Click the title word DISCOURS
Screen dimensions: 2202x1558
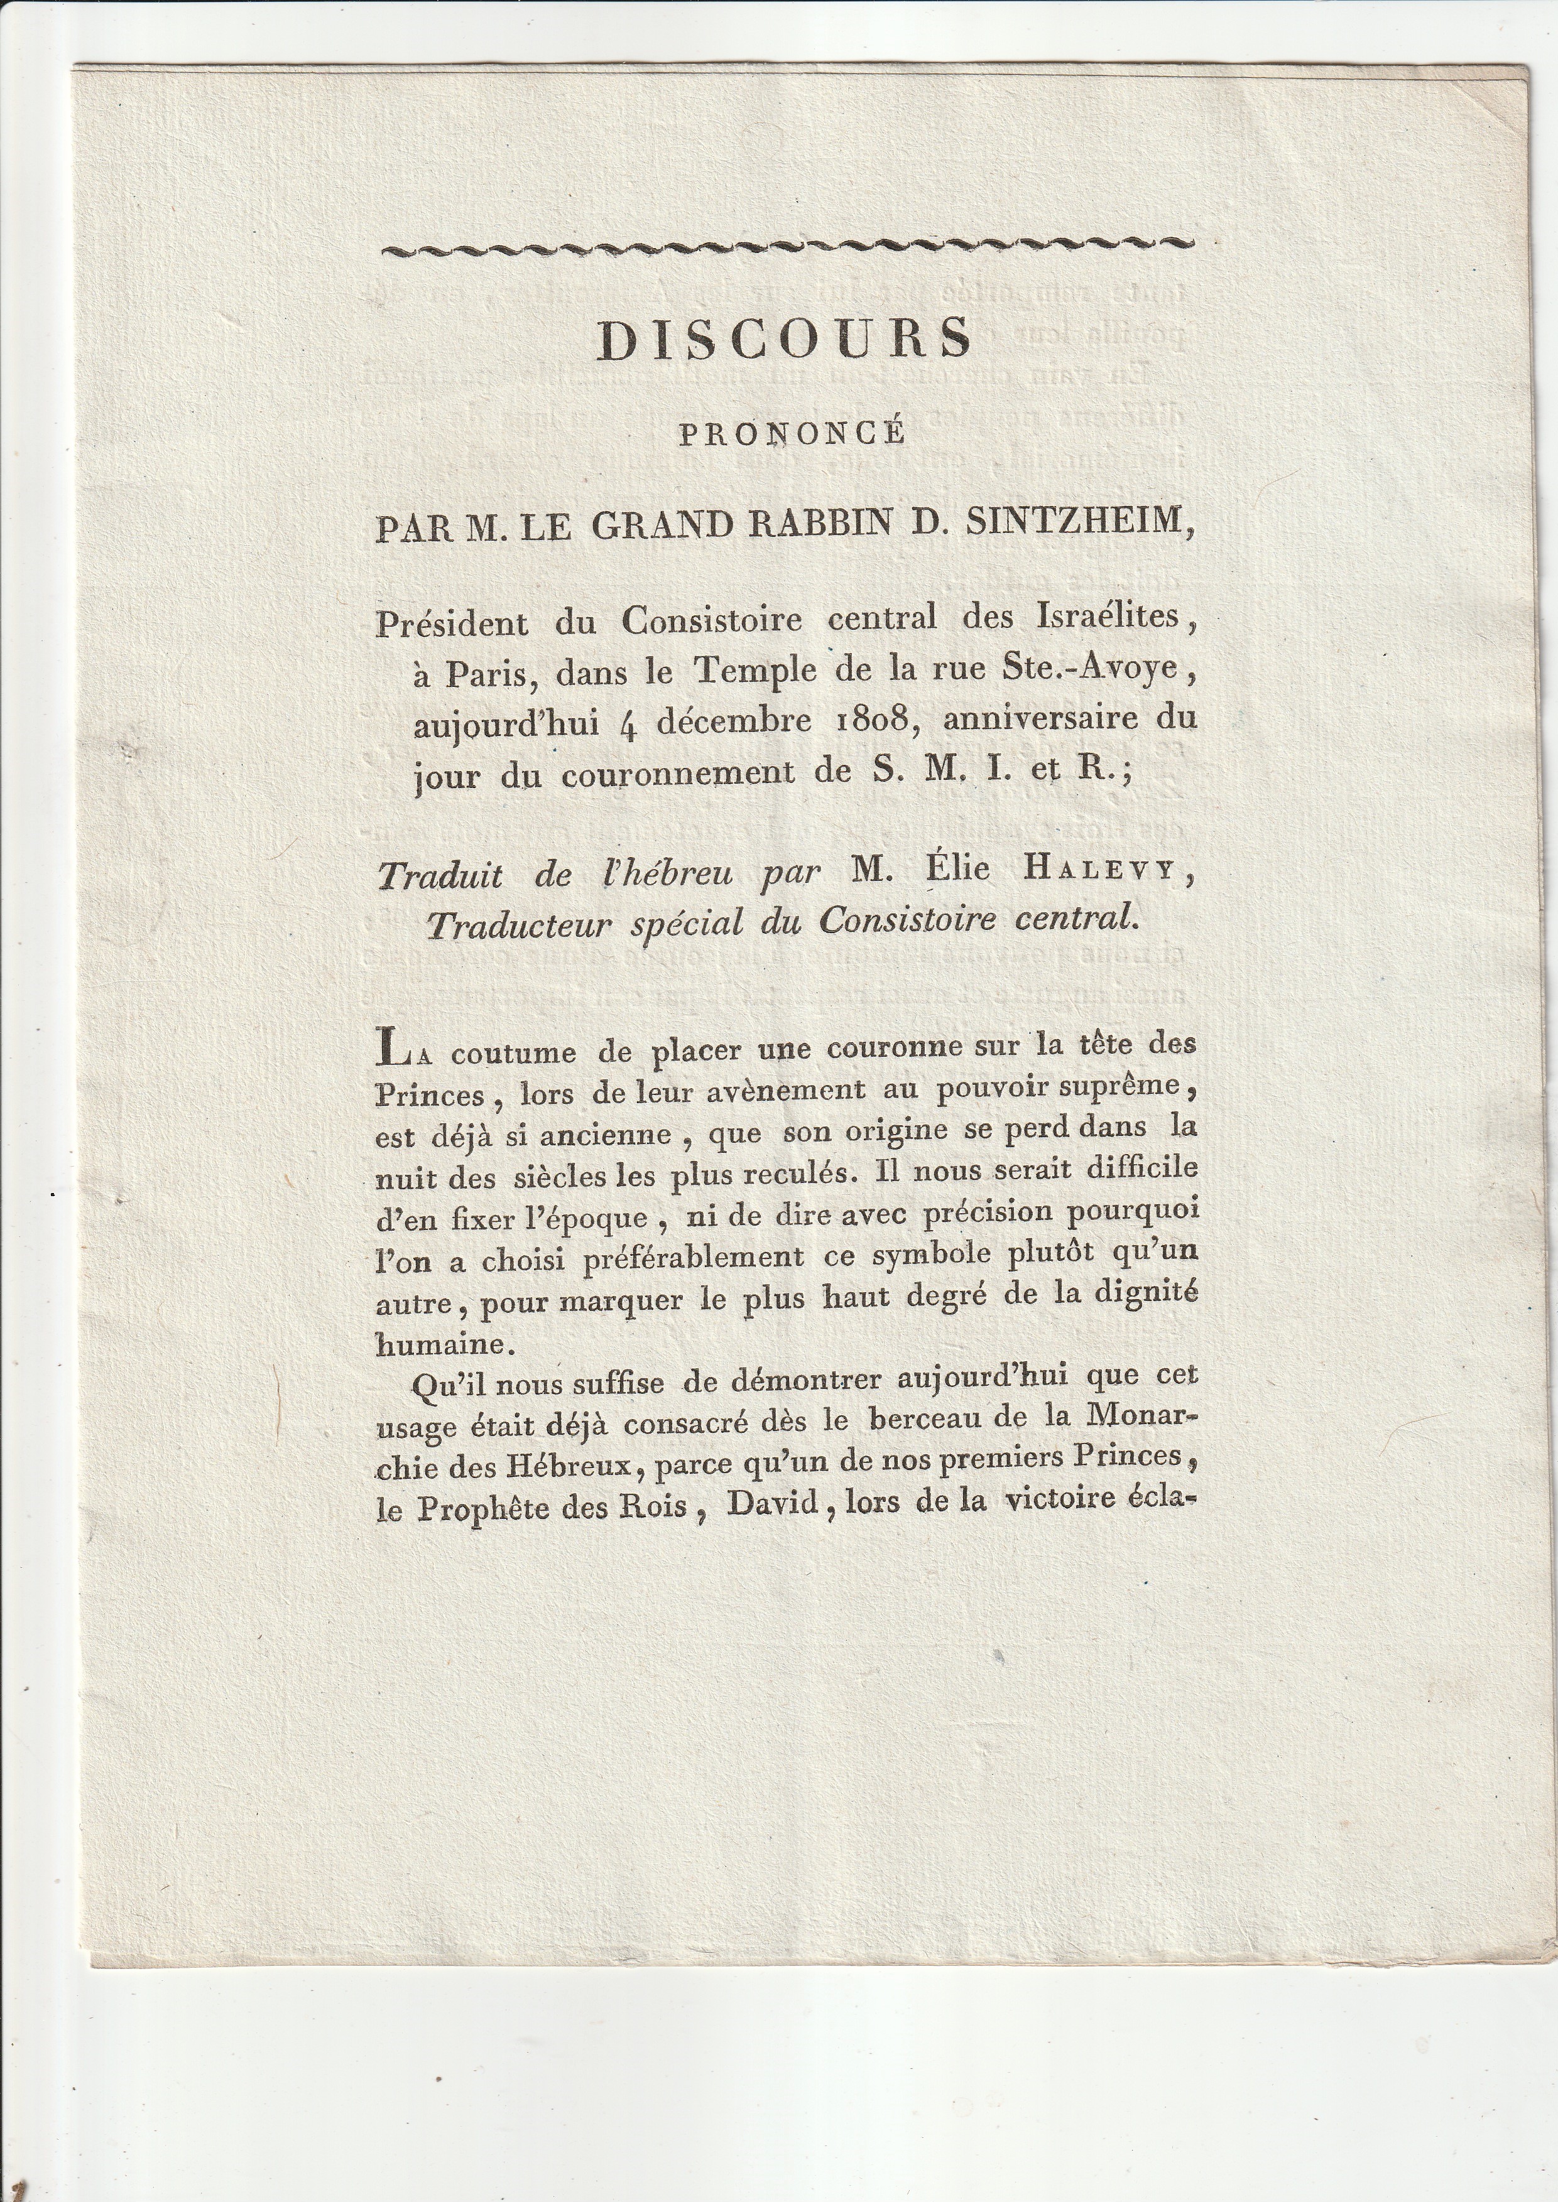pyautogui.click(x=784, y=338)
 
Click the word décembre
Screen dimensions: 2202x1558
pyautogui.click(x=734, y=721)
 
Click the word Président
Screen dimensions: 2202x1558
pyautogui.click(x=452, y=624)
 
